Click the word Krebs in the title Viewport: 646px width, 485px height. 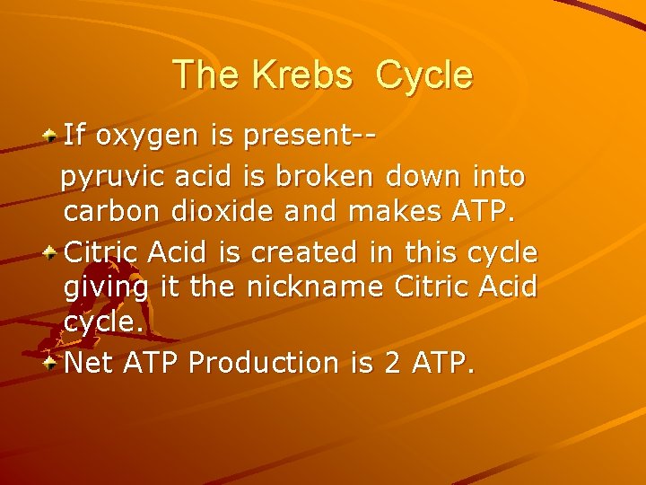301,75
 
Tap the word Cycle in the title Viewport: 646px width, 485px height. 424,76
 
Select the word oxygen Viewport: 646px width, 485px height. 151,137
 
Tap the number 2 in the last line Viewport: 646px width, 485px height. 394,363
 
